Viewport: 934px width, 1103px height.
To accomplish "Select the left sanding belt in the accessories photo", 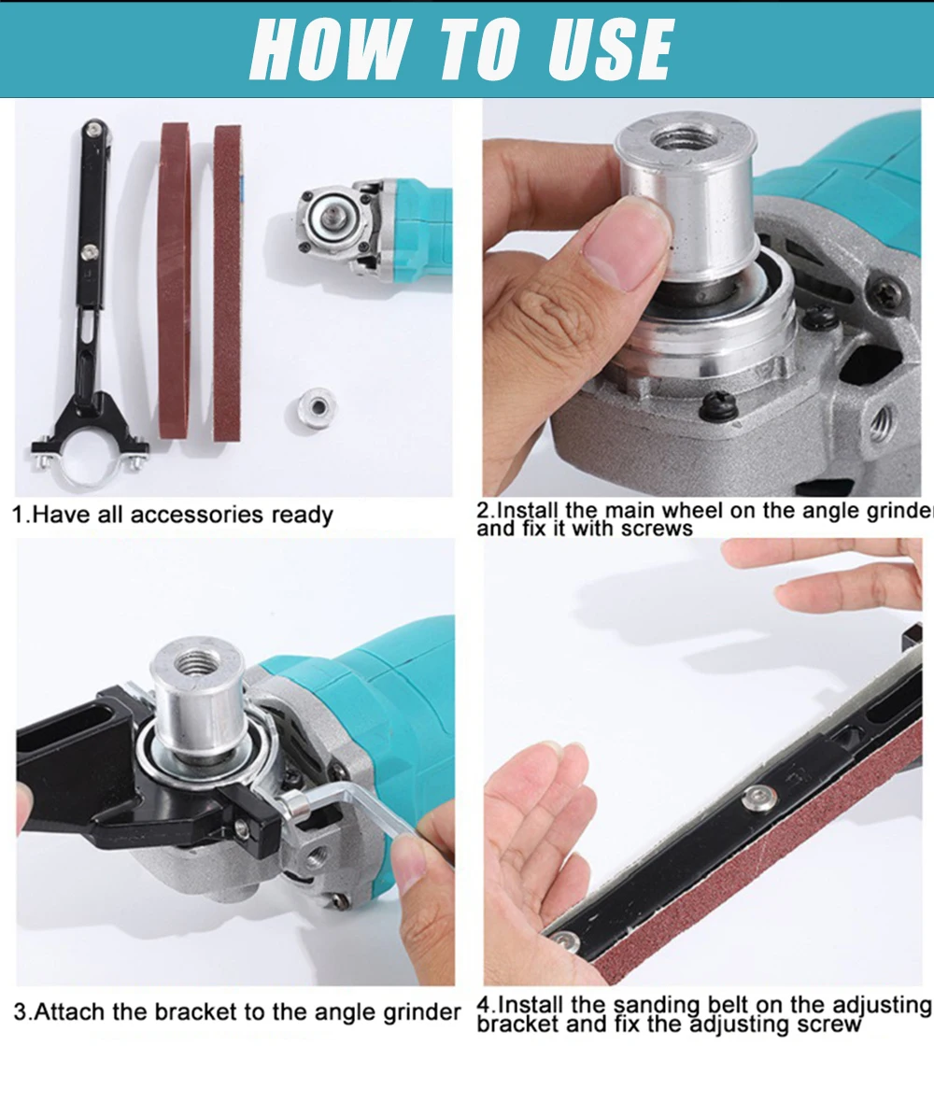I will tap(174, 280).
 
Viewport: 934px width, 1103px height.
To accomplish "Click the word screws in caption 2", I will tap(658, 530).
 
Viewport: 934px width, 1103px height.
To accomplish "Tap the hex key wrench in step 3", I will tap(355, 813).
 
